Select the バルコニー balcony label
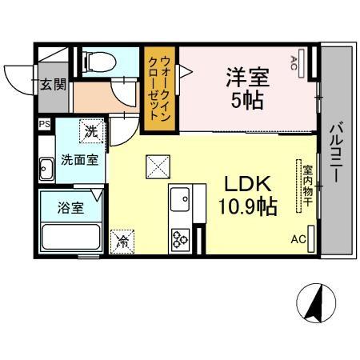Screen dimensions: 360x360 tap(336, 153)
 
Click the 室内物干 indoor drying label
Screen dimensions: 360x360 tap(306, 186)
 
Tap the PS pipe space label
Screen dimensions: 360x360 tap(44, 125)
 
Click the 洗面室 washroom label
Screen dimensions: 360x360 tap(82, 158)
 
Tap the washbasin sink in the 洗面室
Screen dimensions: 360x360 tap(46, 169)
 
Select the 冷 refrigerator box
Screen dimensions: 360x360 tap(124, 239)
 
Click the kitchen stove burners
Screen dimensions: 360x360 tap(178, 238)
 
